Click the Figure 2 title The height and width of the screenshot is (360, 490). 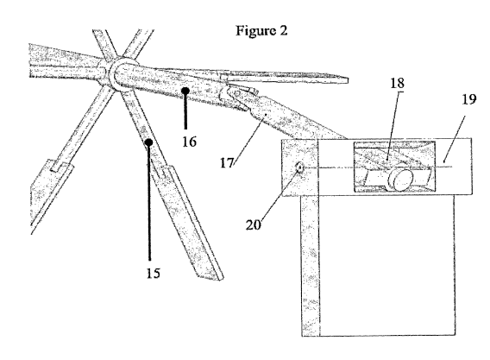coord(261,31)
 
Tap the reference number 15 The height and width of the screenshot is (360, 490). coord(154,273)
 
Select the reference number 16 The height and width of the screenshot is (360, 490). coord(190,142)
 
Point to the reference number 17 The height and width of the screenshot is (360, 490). coord(227,162)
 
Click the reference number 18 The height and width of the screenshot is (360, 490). coord(397,83)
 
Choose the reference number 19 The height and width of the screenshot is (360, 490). coord(468,99)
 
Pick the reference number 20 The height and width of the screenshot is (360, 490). coord(253,224)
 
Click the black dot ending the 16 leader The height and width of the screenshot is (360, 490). coord(185,91)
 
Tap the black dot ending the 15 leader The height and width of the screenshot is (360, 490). coord(149,142)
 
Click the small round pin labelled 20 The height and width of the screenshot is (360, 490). coord(300,168)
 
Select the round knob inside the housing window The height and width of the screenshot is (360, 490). coord(401,180)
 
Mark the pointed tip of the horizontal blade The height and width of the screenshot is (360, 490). coord(348,79)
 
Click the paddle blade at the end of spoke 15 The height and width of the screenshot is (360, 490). coord(187,223)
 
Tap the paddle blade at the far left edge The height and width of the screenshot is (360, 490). coord(51,194)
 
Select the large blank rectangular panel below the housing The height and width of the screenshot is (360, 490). coord(386,265)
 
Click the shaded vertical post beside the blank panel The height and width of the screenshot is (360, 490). coord(311,266)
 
